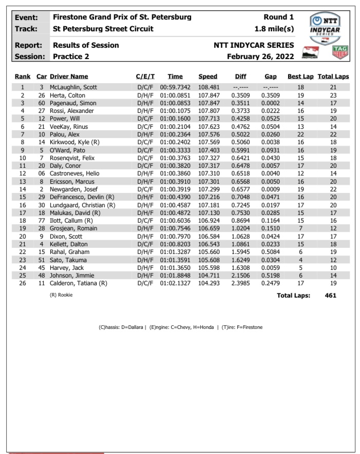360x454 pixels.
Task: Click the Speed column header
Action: pyautogui.click(x=207, y=76)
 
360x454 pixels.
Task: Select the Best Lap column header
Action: pyautogui.click(x=300, y=76)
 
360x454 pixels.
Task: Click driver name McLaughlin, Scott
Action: pyautogui.click(x=73, y=87)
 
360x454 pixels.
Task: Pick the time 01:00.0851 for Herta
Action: pyautogui.click(x=175, y=95)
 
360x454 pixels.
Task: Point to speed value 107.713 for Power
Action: pyautogui.click(x=207, y=119)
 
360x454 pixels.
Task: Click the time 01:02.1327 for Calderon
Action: pyautogui.click(x=175, y=283)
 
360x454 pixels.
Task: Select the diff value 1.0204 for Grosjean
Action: pyautogui.click(x=240, y=228)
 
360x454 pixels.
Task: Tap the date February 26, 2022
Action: pyautogui.click(x=260, y=56)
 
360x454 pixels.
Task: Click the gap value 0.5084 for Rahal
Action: pyautogui.click(x=270, y=252)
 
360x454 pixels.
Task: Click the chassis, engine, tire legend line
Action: pyautogui.click(x=180, y=327)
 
